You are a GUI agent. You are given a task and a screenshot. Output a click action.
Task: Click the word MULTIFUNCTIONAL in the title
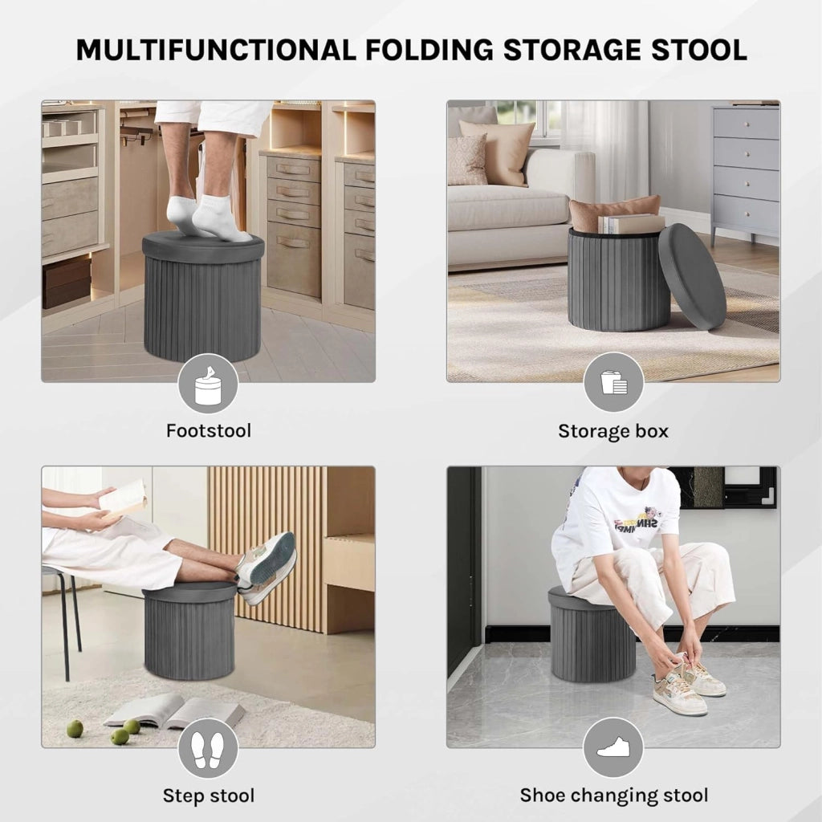click(217, 51)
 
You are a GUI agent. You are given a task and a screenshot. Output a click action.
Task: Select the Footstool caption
click(209, 431)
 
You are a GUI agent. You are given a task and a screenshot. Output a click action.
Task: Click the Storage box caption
click(613, 431)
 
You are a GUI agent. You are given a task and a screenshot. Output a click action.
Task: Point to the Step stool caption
click(209, 796)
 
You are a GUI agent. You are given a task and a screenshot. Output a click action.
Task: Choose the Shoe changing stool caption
click(614, 796)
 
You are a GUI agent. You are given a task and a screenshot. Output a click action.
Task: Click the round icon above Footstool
click(209, 384)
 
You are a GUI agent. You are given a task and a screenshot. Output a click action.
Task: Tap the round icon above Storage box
click(613, 382)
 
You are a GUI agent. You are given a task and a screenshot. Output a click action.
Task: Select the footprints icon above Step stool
click(208, 749)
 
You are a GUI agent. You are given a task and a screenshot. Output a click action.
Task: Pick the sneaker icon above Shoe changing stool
click(613, 747)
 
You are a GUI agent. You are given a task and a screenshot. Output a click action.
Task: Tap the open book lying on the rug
click(174, 710)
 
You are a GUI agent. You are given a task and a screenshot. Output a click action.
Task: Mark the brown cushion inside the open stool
click(613, 212)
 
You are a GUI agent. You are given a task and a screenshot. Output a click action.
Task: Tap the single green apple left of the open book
click(75, 728)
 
